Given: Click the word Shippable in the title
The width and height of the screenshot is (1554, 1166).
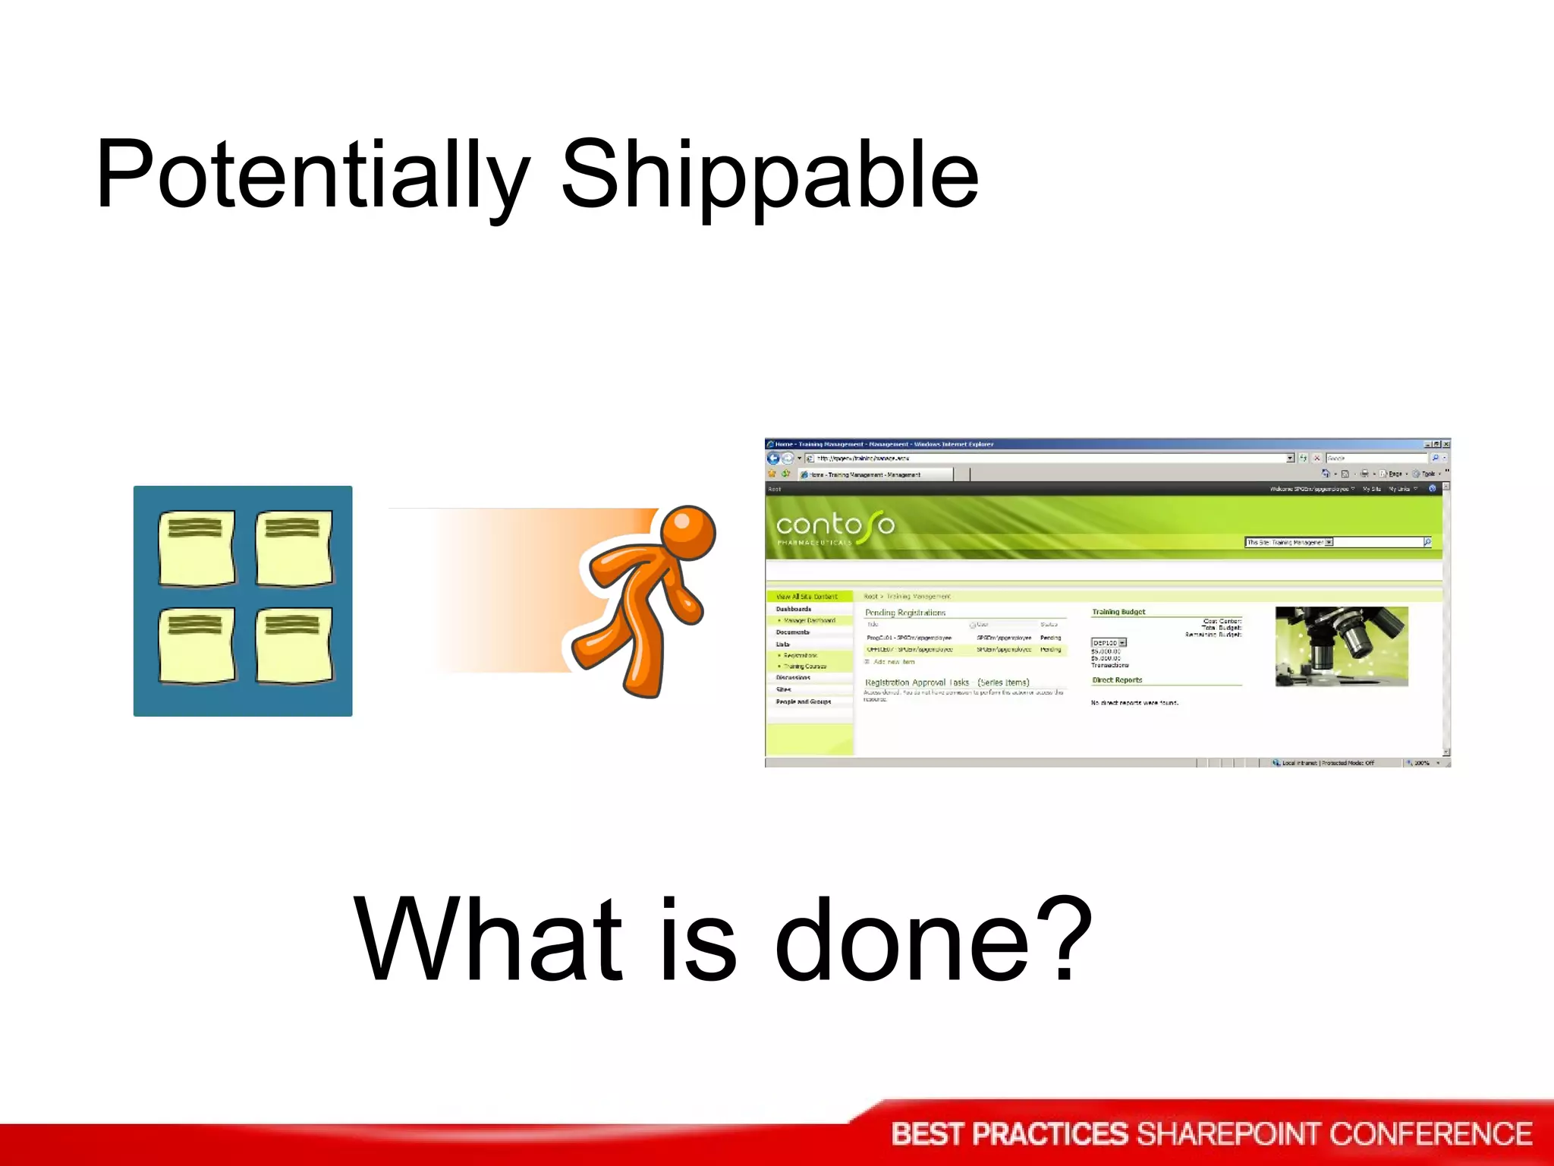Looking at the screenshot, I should [769, 176].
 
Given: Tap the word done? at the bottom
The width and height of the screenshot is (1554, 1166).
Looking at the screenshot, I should [933, 941].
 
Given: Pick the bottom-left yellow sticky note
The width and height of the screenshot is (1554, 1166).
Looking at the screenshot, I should [197, 645].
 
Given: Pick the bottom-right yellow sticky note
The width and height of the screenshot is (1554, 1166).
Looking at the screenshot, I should [294, 645].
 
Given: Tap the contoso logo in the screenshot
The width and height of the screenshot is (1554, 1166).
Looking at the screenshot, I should [835, 525].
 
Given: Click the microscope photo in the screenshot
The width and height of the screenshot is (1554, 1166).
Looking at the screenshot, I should [1341, 646].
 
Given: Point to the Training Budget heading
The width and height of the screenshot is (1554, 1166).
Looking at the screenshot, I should [1118, 612].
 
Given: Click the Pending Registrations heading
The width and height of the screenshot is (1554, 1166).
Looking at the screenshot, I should [905, 613].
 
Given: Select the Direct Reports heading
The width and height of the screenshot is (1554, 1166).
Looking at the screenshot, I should [1117, 680].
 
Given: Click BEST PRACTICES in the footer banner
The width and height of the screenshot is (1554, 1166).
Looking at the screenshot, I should [1009, 1134].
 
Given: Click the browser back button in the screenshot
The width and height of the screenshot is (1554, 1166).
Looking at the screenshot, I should [773, 459].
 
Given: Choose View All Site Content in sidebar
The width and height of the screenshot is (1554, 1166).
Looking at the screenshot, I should [807, 597].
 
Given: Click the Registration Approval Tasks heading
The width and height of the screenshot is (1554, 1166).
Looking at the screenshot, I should [917, 682].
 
